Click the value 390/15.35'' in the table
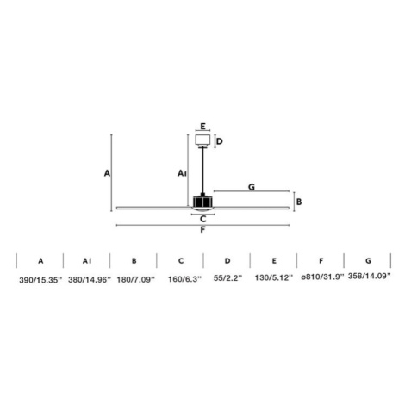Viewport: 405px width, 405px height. coord(40,280)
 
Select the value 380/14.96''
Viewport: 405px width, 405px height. coord(90,279)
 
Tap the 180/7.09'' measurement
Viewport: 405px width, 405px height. coord(135,279)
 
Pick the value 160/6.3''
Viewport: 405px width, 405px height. coord(184,279)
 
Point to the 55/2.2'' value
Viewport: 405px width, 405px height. coord(227,277)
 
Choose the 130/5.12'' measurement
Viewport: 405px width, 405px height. coord(274,277)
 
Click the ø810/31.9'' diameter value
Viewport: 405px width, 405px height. coord(322,277)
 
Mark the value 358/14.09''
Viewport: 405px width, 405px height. coord(370,276)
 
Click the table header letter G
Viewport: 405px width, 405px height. coord(368,261)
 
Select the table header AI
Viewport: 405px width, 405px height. coord(87,261)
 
